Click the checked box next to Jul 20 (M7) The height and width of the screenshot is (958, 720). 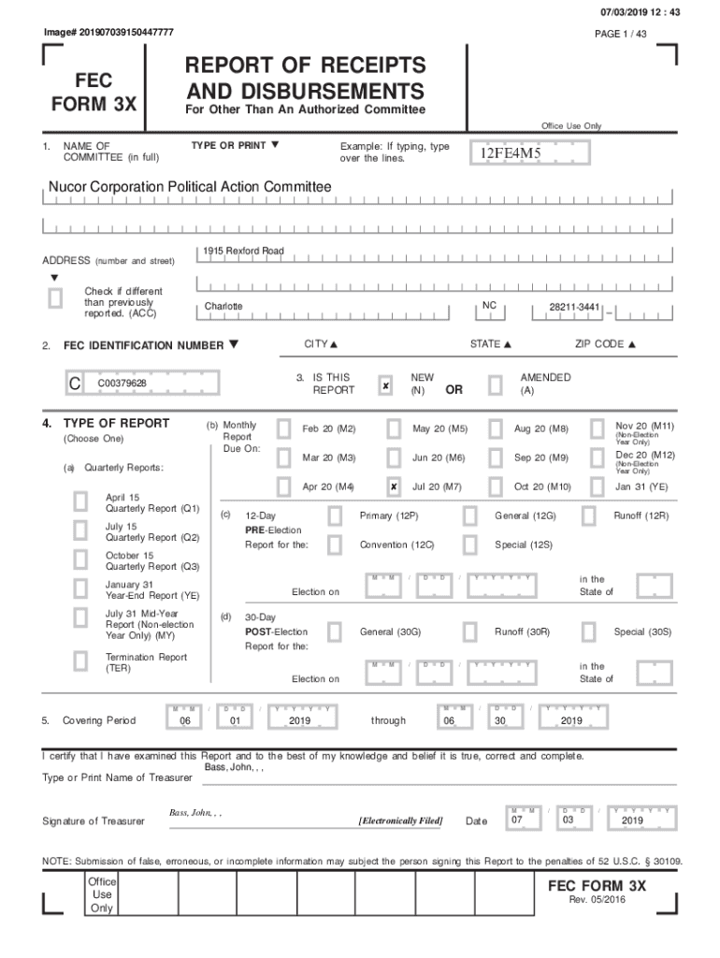[x=394, y=487]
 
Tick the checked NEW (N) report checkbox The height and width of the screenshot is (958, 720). [x=385, y=385]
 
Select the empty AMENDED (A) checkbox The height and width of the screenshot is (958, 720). [x=495, y=385]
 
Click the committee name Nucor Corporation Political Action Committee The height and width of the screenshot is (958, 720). [x=190, y=187]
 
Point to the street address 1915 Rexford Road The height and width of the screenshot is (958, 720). [x=244, y=252]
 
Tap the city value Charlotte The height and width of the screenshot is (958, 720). [x=223, y=307]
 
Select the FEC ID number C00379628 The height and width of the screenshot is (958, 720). [x=122, y=383]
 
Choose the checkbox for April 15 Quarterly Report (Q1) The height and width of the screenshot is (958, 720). [x=81, y=502]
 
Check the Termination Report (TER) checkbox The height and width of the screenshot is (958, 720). [x=81, y=662]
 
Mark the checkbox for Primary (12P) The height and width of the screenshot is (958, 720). [x=335, y=516]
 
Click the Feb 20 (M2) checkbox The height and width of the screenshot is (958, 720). [x=283, y=429]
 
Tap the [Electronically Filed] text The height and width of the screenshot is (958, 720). [x=400, y=821]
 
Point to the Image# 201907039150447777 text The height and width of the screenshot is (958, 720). [x=108, y=33]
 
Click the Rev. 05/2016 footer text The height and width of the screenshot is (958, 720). [x=598, y=900]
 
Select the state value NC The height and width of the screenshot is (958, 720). [x=490, y=305]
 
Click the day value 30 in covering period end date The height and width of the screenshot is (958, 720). [x=499, y=721]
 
